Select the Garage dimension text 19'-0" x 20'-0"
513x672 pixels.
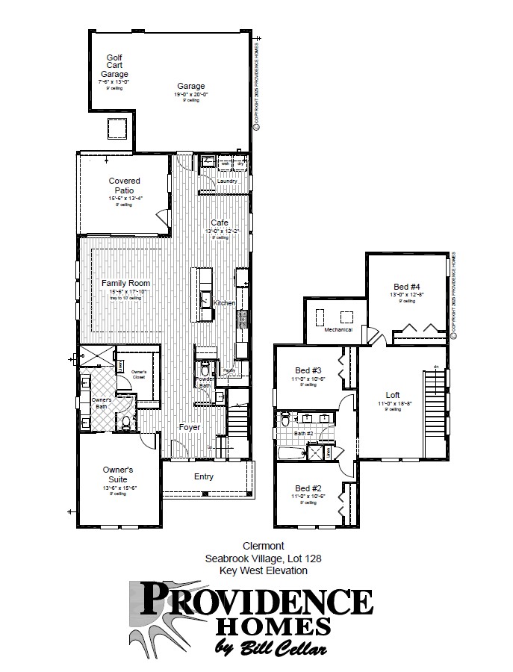point(190,94)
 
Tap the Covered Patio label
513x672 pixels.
point(124,185)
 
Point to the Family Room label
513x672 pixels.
point(125,283)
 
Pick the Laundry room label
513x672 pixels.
point(226,181)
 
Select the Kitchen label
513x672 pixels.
point(224,302)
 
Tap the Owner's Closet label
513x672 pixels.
point(138,375)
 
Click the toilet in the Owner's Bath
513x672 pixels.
point(126,423)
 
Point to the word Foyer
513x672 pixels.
point(189,427)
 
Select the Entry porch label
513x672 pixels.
point(203,476)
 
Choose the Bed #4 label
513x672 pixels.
point(407,286)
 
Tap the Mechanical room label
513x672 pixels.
point(338,329)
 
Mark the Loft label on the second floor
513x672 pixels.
point(393,395)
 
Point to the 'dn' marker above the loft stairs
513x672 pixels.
point(435,366)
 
